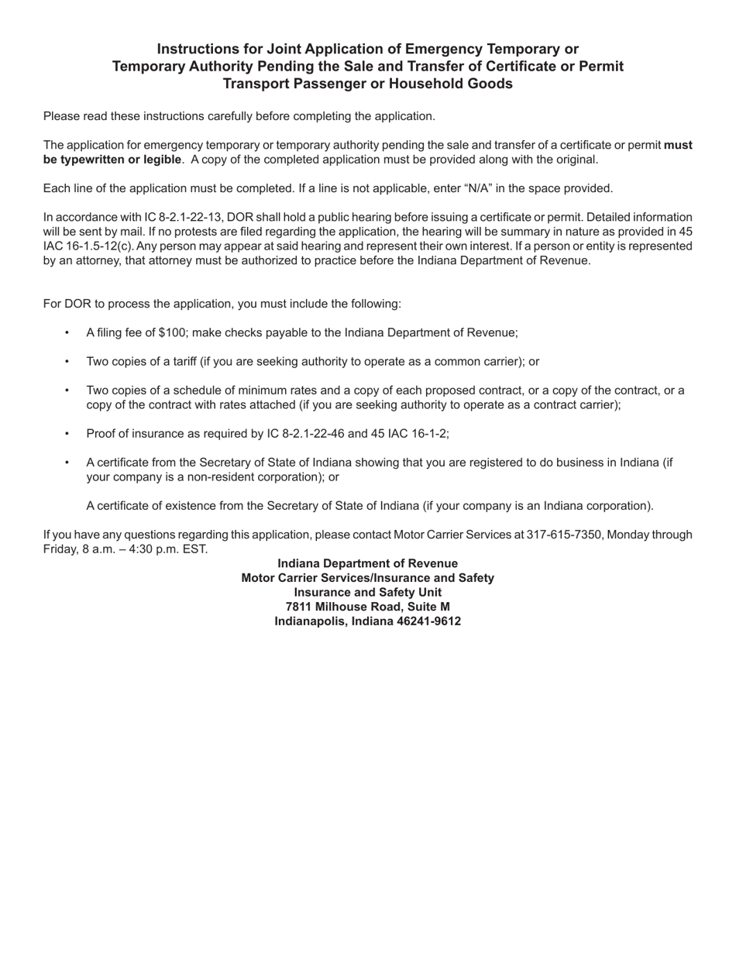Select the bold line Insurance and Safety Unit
coord(367,593)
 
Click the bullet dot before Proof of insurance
coord(67,434)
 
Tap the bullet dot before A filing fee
coord(67,332)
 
